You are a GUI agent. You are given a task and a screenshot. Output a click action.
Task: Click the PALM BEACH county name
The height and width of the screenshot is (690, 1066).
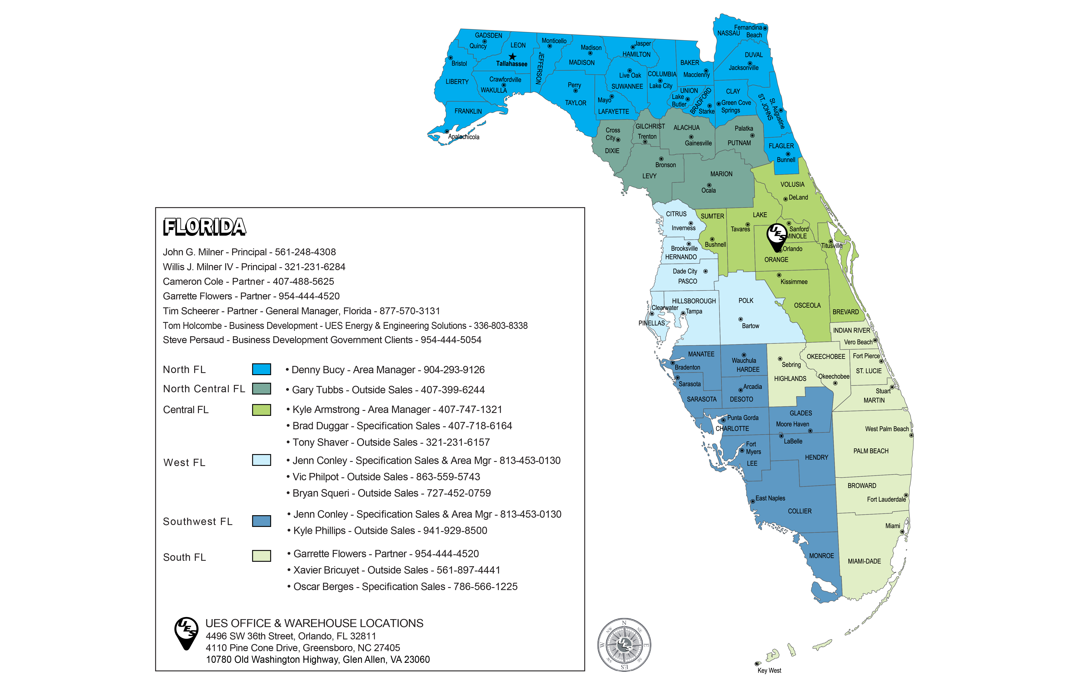point(871,451)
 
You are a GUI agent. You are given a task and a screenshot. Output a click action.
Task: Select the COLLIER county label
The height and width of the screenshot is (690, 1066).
point(799,511)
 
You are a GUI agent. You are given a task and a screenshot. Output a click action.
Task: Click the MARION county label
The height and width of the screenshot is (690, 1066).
point(721,174)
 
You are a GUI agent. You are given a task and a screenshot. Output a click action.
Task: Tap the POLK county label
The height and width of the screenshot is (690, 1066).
point(746,300)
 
